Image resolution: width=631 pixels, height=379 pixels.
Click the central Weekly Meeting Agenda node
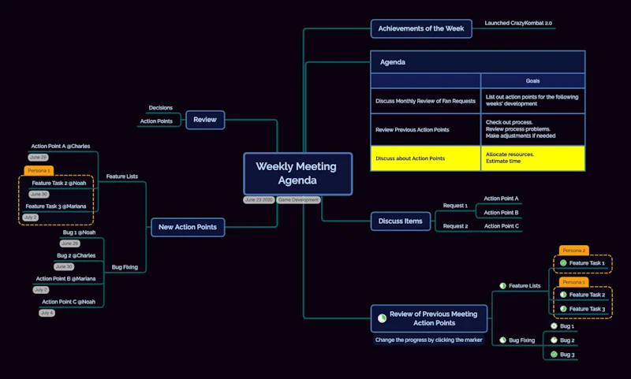[x=296, y=173]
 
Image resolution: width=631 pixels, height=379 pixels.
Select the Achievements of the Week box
[x=421, y=29]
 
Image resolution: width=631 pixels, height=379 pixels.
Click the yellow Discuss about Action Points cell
[x=425, y=158]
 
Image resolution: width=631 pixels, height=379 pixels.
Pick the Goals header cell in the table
[x=532, y=81]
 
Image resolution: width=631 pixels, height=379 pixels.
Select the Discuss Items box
[x=401, y=221]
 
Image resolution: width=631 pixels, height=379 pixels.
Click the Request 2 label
[x=455, y=226]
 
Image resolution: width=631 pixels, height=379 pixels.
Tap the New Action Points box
[x=188, y=228]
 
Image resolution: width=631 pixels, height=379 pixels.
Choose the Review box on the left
[x=205, y=120]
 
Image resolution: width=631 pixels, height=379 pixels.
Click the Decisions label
[x=160, y=108]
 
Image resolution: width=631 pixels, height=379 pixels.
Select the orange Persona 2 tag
[x=574, y=250]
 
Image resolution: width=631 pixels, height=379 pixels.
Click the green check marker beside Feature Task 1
[x=563, y=262]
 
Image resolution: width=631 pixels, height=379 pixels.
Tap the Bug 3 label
[x=566, y=355]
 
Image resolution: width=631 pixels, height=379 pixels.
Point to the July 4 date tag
[x=47, y=313]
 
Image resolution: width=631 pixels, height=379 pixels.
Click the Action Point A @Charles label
[x=60, y=146]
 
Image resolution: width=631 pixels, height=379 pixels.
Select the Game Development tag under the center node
[x=299, y=200]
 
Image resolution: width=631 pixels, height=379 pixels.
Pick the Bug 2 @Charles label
[x=76, y=255]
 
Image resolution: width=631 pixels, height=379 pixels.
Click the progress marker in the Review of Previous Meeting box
[x=383, y=318]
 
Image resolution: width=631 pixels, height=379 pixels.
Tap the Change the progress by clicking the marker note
[x=429, y=340]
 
